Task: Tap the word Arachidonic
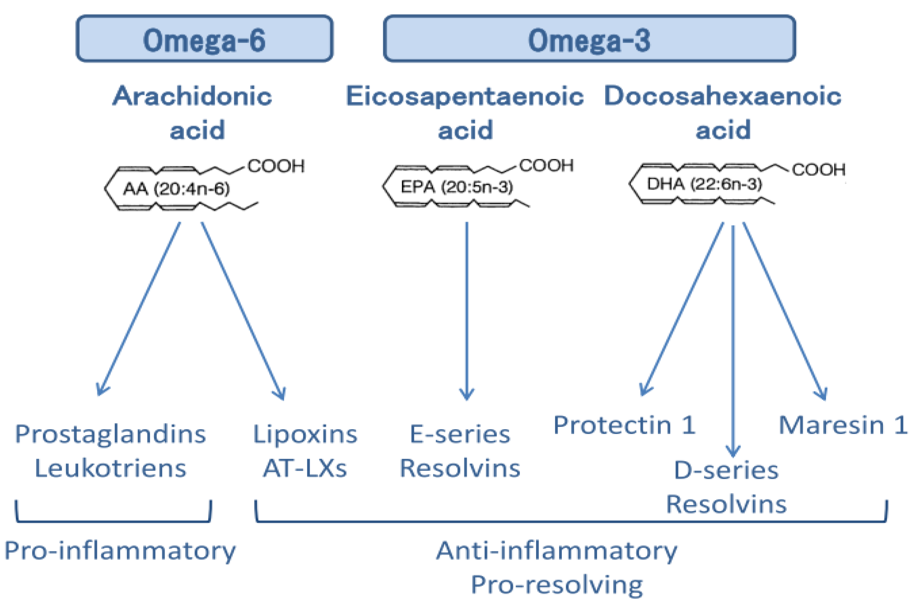(192, 96)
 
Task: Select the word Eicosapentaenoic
(465, 96)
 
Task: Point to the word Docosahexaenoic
(722, 96)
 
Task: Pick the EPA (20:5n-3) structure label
(457, 187)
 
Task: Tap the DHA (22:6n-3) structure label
(704, 184)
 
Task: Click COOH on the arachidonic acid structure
(276, 166)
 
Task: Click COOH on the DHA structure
(818, 169)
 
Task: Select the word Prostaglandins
(110, 435)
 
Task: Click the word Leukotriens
(110, 469)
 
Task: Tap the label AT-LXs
(305, 469)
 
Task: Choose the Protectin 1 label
(624, 425)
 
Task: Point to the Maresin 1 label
(843, 425)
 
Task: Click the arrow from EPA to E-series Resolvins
(467, 308)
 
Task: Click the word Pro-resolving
(557, 585)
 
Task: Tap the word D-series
(726, 470)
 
